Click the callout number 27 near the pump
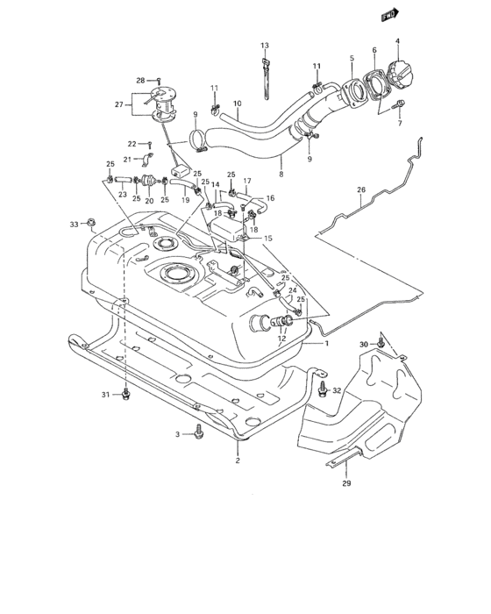pyautogui.click(x=120, y=105)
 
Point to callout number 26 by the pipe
pyautogui.click(x=360, y=189)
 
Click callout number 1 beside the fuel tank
pyautogui.click(x=327, y=343)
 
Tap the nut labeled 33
pyautogui.click(x=91, y=226)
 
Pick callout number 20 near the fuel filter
pyautogui.click(x=149, y=201)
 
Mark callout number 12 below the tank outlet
pyautogui.click(x=281, y=339)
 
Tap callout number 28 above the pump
pyautogui.click(x=139, y=80)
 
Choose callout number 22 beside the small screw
pyautogui.click(x=132, y=143)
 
